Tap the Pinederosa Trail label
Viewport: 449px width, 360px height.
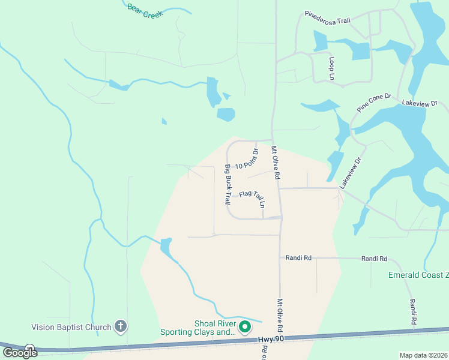click(327, 16)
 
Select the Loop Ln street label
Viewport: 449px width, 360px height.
click(331, 68)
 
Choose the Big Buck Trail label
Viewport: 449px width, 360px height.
click(228, 183)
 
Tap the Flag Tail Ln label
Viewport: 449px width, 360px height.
click(252, 197)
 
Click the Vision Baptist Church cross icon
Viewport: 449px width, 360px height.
click(120, 326)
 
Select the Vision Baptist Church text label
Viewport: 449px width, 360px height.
click(71, 327)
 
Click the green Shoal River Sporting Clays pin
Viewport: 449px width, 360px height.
click(245, 327)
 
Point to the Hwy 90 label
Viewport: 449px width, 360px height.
click(271, 340)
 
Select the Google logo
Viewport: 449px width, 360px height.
click(20, 352)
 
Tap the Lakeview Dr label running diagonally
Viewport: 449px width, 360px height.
click(352, 173)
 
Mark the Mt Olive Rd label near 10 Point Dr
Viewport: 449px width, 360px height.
click(275, 164)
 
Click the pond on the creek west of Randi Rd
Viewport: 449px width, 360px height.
click(166, 245)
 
